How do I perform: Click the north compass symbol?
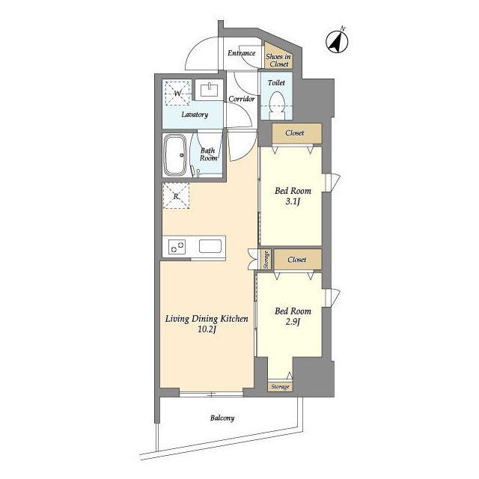click(338, 42)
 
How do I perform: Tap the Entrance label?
click(241, 53)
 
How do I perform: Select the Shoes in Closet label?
click(278, 60)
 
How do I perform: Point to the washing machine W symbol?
click(177, 93)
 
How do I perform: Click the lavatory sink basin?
click(210, 90)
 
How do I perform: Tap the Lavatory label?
click(195, 115)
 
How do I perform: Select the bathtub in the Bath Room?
click(175, 155)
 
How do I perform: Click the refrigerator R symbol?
click(177, 196)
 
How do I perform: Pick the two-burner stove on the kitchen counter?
click(177, 246)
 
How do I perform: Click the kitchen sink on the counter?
click(210, 246)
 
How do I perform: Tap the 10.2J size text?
click(207, 329)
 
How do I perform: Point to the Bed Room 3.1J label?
click(293, 196)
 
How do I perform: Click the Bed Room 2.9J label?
click(293, 316)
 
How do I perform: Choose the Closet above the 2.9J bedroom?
click(298, 260)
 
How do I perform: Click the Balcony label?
click(222, 418)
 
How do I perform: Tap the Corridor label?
click(241, 99)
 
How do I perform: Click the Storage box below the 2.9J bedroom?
click(280, 386)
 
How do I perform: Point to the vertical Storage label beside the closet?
click(266, 260)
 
